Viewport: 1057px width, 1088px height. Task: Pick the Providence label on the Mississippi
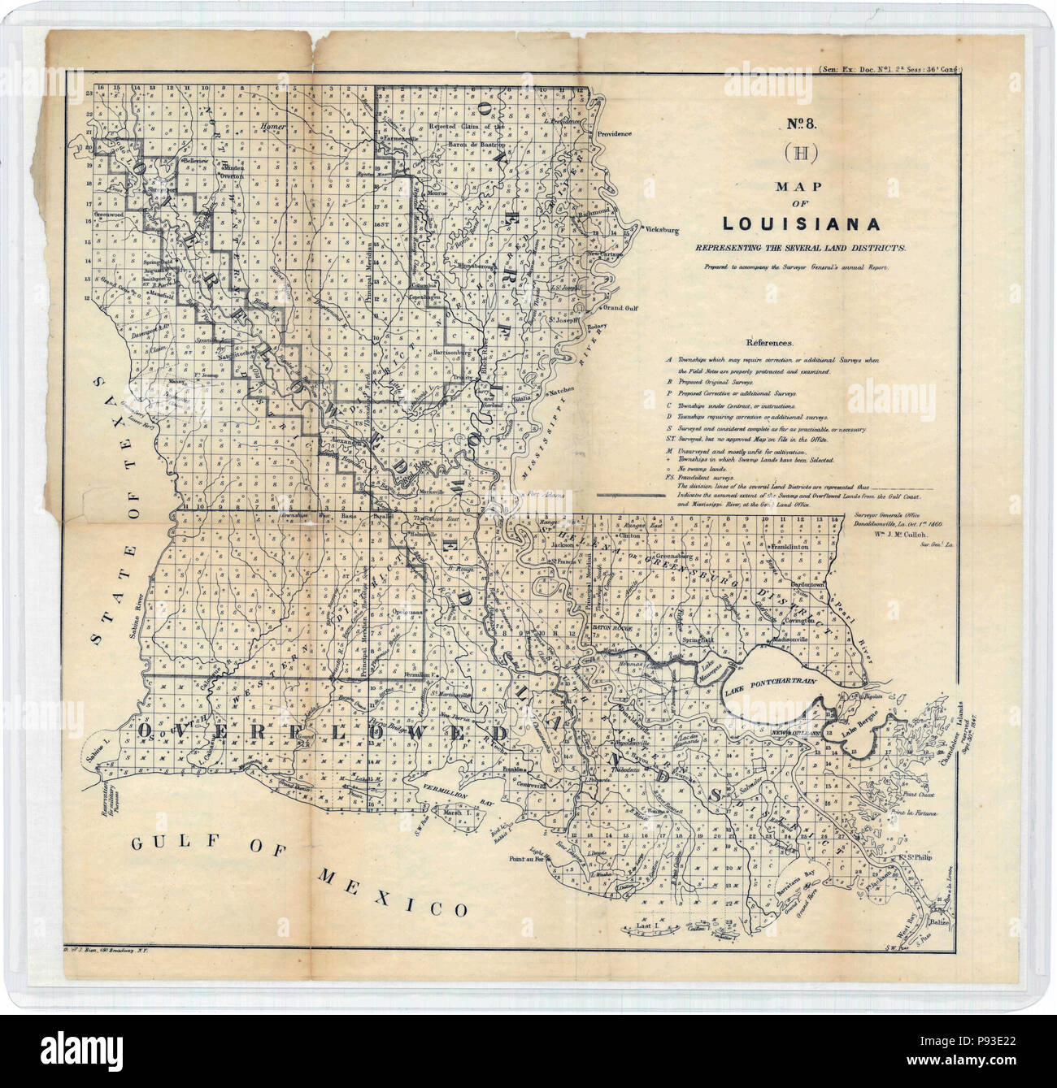coord(614,134)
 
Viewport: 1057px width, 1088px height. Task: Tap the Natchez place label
coord(561,392)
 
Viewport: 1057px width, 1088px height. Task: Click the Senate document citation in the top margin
coord(890,71)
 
